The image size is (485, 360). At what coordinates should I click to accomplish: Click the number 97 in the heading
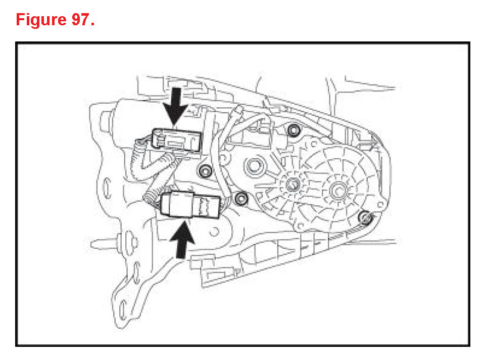tap(82, 20)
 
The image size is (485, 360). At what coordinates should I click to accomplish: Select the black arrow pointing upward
tap(184, 240)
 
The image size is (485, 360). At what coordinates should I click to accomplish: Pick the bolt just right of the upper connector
tap(205, 171)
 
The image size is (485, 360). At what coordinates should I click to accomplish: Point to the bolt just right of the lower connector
tap(241, 198)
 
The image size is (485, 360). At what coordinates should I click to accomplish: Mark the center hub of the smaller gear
tap(292, 184)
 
